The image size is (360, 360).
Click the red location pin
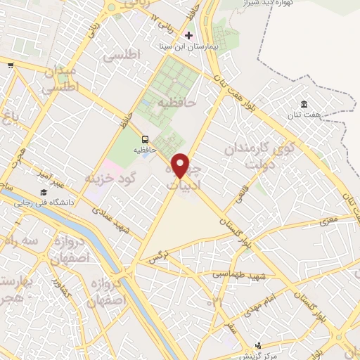tap(181, 165)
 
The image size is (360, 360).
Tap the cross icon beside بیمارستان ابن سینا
tap(188, 34)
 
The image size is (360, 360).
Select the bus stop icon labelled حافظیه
tap(145, 139)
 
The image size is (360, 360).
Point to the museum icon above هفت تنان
tap(304, 104)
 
